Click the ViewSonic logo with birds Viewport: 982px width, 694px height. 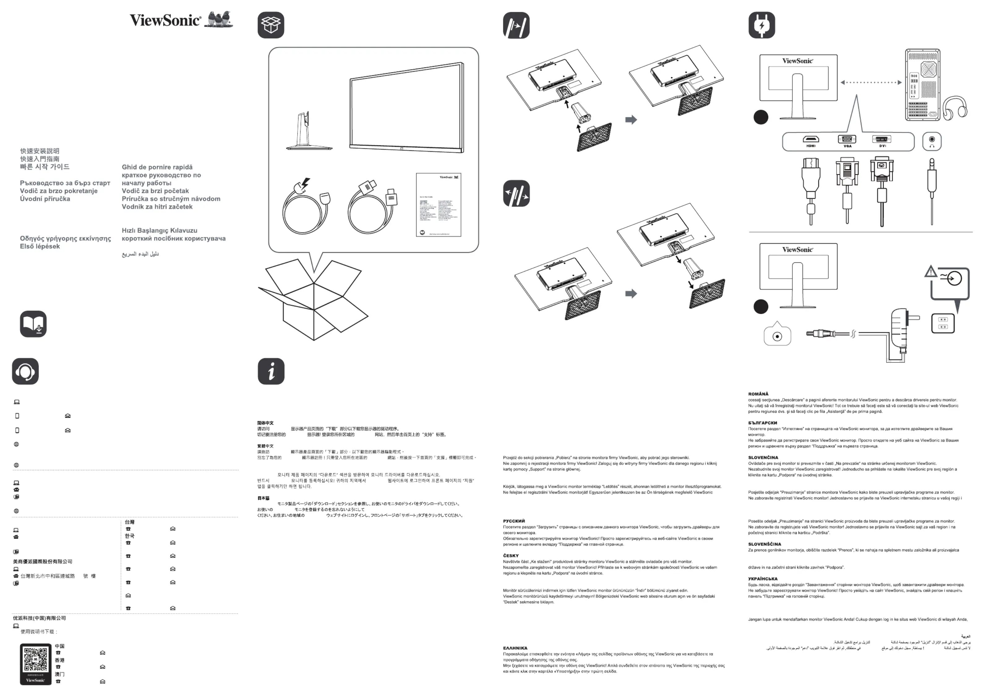(x=181, y=20)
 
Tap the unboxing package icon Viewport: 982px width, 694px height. (x=271, y=25)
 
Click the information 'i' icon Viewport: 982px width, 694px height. (x=271, y=371)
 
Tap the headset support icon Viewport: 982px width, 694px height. (x=25, y=371)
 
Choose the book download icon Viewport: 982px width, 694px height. (x=33, y=324)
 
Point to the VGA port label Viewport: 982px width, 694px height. (x=847, y=146)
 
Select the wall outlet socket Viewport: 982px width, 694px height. (x=943, y=323)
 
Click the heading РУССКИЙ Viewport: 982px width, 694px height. (x=514, y=521)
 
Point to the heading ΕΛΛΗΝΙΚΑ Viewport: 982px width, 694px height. (x=515, y=648)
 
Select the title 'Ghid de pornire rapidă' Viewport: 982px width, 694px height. (x=157, y=167)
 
